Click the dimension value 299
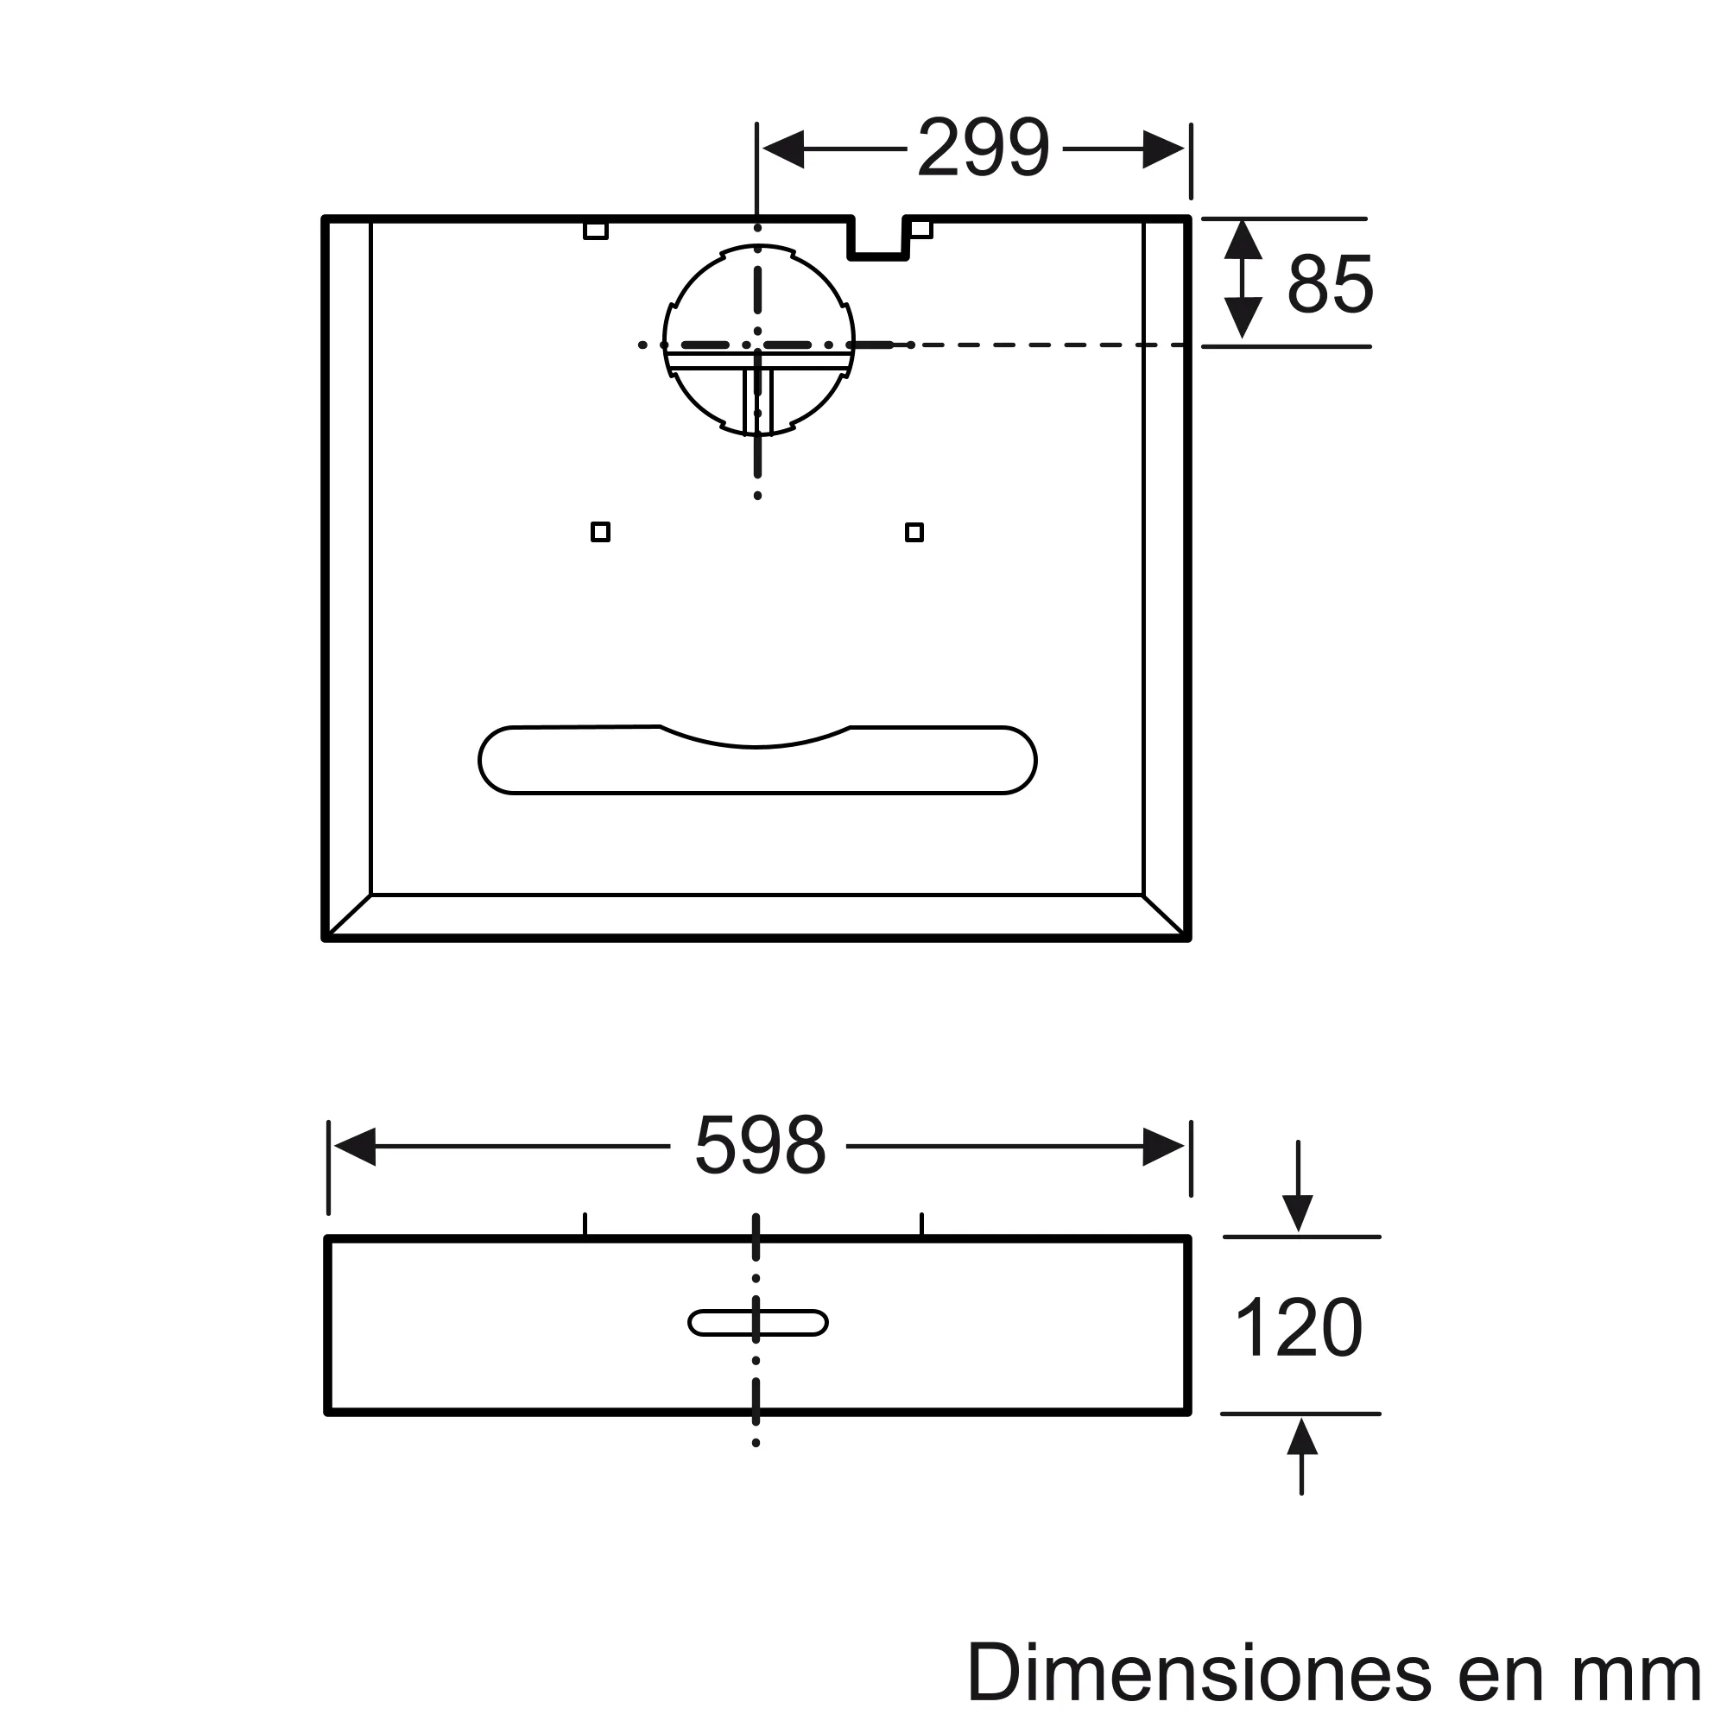click(984, 149)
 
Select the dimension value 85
click(1329, 284)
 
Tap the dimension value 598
click(760, 1145)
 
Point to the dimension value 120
click(1299, 1327)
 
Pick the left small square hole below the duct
click(601, 533)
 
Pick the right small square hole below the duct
click(914, 533)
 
